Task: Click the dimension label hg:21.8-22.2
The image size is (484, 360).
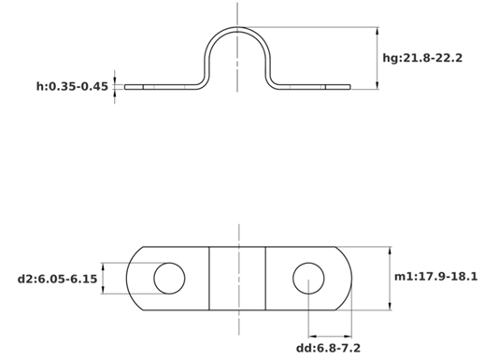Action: [x=422, y=58]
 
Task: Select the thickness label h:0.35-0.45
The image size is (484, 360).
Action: [x=72, y=86]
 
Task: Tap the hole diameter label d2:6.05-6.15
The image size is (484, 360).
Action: [x=57, y=279]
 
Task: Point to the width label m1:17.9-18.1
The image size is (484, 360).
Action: [x=435, y=277]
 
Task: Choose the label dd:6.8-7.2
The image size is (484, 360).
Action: [x=328, y=348]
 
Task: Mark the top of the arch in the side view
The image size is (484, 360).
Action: [x=237, y=28]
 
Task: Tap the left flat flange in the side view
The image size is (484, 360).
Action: [x=161, y=87]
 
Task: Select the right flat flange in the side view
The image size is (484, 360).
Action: [x=313, y=87]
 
